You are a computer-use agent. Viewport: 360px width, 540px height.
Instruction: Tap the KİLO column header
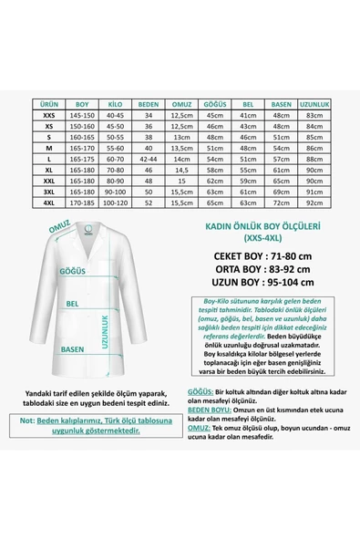(x=116, y=105)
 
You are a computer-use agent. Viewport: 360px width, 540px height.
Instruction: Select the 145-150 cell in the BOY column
(x=82, y=116)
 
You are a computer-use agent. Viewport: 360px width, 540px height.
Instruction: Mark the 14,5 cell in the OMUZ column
(x=181, y=171)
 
